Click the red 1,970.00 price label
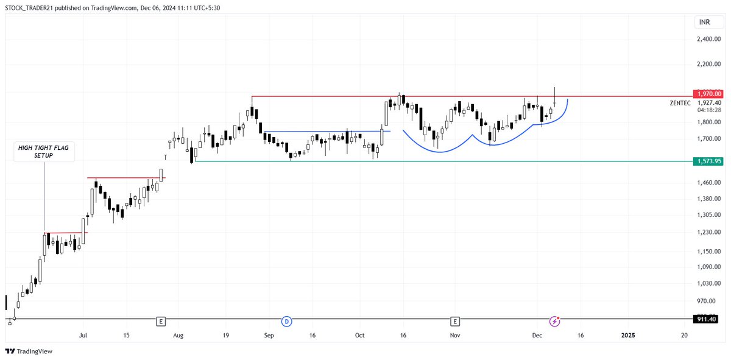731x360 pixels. click(x=710, y=94)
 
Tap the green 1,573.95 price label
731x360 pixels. click(x=710, y=161)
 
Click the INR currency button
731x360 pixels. click(x=704, y=23)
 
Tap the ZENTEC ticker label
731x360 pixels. click(x=680, y=103)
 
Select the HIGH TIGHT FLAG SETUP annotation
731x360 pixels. click(x=44, y=152)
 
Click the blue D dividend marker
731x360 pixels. click(x=286, y=320)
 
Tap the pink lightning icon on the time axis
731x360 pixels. click(x=555, y=320)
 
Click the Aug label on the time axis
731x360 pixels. click(x=178, y=335)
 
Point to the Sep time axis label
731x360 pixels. click(x=269, y=335)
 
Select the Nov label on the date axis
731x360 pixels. click(x=454, y=335)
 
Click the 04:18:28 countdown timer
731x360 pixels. click(x=709, y=110)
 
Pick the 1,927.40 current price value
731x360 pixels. click(x=710, y=103)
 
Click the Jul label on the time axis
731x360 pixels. click(x=83, y=335)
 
